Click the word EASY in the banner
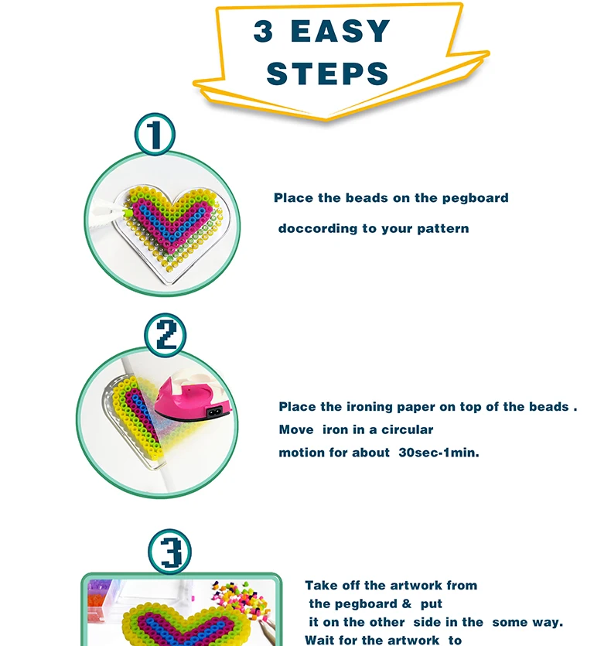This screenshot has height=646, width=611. (x=340, y=31)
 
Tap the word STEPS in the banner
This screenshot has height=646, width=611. (x=327, y=73)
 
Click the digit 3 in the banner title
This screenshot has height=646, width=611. (x=263, y=31)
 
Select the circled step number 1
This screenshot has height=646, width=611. (x=155, y=135)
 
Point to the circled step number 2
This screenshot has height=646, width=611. (x=166, y=334)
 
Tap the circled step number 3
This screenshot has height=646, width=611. (x=169, y=552)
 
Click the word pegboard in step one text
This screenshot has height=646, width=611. (x=476, y=198)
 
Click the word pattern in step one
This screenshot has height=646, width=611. (x=443, y=229)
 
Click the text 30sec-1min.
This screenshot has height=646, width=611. (x=439, y=453)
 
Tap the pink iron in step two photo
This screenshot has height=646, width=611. (x=193, y=396)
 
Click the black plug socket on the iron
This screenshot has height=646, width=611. (x=214, y=412)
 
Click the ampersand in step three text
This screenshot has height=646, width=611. (x=407, y=603)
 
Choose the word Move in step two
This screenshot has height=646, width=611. (x=296, y=429)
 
